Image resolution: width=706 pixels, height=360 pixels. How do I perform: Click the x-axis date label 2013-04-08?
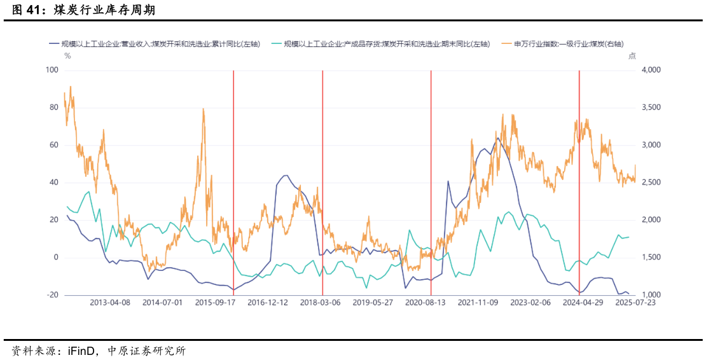(110, 303)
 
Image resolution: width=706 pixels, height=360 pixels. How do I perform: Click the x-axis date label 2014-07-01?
(162, 303)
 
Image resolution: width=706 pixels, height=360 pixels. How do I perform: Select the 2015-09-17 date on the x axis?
(215, 303)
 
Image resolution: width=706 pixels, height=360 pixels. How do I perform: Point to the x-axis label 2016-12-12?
(267, 303)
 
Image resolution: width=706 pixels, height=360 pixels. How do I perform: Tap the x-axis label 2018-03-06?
(320, 303)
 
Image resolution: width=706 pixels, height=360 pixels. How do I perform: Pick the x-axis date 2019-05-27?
(373, 303)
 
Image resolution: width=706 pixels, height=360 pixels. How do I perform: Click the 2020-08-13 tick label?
(425, 303)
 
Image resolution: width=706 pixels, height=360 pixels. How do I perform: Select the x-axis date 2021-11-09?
(478, 303)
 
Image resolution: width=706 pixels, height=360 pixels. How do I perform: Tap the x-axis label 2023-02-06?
(530, 303)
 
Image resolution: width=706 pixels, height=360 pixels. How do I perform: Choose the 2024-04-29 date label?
(583, 303)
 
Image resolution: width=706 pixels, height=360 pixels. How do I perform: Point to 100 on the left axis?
(52, 69)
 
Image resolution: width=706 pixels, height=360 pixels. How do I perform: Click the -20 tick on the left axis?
(52, 295)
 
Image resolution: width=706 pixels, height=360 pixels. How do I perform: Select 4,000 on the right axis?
(649, 69)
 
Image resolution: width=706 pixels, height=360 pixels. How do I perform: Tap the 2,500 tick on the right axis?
(649, 183)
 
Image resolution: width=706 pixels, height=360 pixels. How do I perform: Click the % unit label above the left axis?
(67, 55)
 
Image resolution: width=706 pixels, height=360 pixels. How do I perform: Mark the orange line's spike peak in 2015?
(203, 109)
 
